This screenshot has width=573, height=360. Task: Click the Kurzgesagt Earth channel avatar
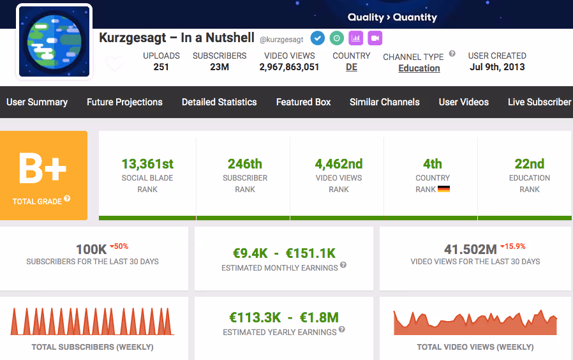[54, 41]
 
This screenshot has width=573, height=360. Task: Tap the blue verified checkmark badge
[318, 38]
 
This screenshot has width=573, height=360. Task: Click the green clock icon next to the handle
[336, 38]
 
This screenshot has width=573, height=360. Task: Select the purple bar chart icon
[356, 38]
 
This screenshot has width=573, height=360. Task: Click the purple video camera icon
[375, 38]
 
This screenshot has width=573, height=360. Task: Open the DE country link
[352, 67]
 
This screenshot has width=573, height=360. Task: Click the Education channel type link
[419, 68]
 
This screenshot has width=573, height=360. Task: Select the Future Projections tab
[124, 102]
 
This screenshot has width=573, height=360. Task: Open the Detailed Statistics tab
[220, 102]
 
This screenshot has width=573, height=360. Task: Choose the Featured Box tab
[303, 102]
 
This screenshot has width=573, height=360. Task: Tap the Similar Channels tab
[384, 102]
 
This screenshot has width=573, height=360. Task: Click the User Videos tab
[464, 102]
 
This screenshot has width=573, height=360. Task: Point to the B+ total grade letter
[43, 169]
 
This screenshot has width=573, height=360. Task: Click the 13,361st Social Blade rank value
[147, 164]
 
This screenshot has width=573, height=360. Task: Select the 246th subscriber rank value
[245, 164]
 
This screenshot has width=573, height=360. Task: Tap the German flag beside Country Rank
[443, 189]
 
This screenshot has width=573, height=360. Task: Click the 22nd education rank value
[530, 164]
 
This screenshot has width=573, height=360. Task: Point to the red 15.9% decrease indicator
[513, 246]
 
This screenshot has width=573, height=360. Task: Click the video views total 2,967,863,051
[290, 67]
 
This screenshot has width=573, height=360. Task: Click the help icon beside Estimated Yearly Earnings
[341, 329]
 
